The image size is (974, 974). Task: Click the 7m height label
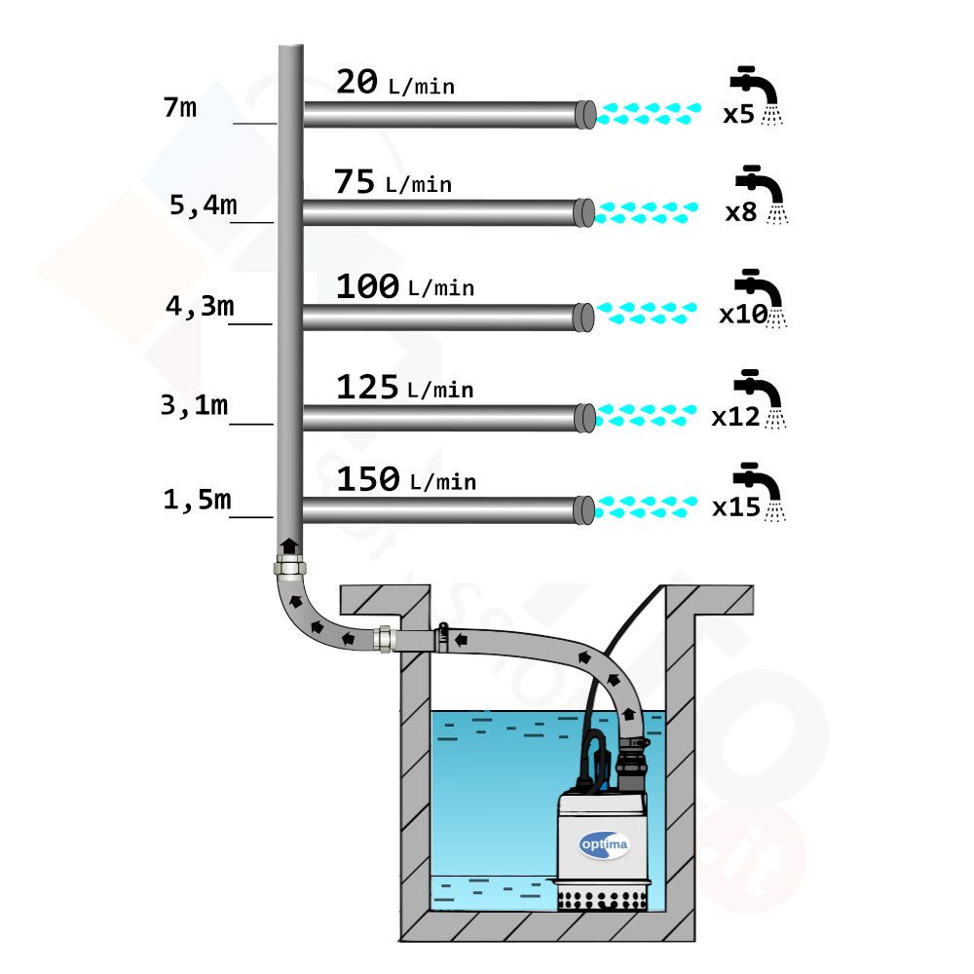click(x=180, y=107)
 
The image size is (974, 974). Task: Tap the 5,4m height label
click(x=204, y=205)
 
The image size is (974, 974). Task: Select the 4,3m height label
click(x=200, y=306)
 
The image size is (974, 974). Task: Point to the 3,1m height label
click(x=195, y=405)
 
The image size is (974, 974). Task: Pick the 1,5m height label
click(x=197, y=500)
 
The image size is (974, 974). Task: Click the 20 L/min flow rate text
click(x=395, y=83)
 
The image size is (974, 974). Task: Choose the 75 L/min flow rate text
click(x=393, y=182)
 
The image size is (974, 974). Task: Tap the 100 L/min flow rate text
click(x=405, y=286)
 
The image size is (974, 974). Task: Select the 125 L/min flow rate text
click(x=405, y=388)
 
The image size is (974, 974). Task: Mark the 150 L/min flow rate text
click(x=406, y=479)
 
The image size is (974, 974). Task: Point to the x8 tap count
click(x=741, y=212)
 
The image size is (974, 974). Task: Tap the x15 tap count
click(x=736, y=507)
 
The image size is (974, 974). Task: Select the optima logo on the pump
click(x=604, y=844)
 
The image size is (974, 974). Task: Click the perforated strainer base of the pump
click(x=602, y=899)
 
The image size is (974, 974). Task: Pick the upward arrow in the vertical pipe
click(x=289, y=545)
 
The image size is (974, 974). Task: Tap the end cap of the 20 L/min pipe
click(x=585, y=114)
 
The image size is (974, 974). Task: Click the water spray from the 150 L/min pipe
click(x=646, y=506)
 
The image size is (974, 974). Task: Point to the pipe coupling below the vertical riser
click(x=289, y=567)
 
